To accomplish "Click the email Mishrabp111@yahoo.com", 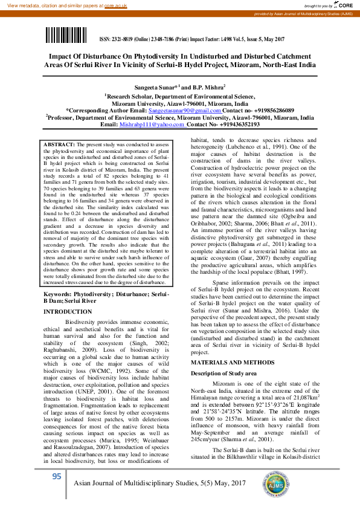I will [x=143, y=125].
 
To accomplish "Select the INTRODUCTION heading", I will [x=67, y=311].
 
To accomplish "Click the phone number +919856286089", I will [x=270, y=111].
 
